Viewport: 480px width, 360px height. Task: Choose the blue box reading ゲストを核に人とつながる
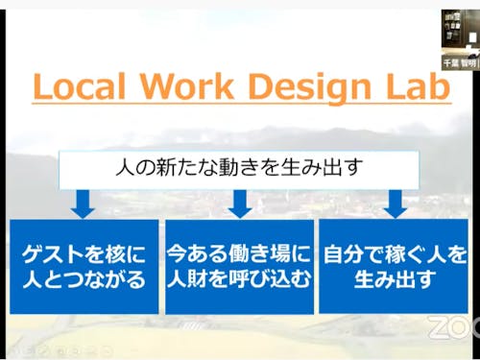pos(84,266)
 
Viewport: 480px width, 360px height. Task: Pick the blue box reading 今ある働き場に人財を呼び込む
pos(239,266)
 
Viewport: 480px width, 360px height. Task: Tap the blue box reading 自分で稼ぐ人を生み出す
pos(395,266)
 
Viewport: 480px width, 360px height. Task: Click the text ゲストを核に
pos(84,254)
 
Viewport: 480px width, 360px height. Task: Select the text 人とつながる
pos(84,279)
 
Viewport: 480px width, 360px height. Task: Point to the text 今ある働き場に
pos(239,254)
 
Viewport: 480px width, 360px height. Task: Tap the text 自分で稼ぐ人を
pos(395,254)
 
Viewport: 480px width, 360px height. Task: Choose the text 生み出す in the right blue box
pos(395,279)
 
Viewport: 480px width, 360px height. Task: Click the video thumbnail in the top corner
pos(460,36)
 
